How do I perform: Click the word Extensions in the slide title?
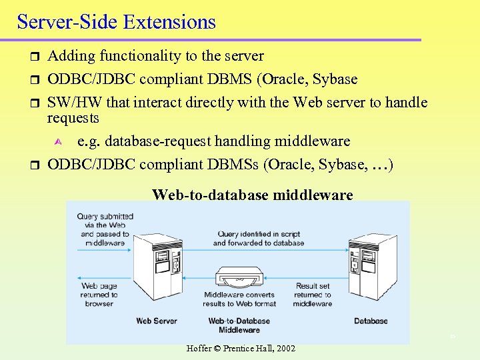pos(169,22)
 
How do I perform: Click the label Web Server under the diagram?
pos(157,321)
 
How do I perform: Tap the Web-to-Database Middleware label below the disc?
pos(239,325)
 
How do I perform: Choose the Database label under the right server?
pos(371,321)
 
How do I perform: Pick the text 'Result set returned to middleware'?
pos(313,295)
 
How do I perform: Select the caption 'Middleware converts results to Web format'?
pos(239,299)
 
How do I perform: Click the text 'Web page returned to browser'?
pos(99,295)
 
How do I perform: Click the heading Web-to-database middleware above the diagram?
pos(253,195)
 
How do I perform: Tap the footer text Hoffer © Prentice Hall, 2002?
pos(241,349)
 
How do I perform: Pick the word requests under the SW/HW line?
pos(73,118)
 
